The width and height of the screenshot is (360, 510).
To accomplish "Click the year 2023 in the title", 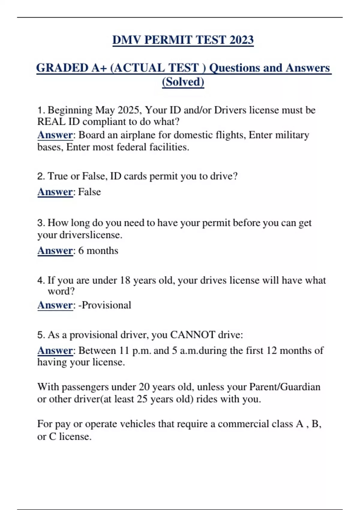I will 241,40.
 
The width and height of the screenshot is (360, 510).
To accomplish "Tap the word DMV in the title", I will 126,40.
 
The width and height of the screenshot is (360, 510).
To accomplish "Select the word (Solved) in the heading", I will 183,82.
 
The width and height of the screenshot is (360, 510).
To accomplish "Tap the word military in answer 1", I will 292,135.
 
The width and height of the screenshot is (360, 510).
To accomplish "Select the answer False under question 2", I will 89,192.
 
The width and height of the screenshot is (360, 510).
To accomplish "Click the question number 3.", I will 41,223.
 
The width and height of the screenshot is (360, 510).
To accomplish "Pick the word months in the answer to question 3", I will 102,250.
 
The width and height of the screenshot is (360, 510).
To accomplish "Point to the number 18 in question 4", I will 125,280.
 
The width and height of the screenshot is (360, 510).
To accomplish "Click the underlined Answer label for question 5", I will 55,350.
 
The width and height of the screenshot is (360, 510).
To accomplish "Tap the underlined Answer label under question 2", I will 55,192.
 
